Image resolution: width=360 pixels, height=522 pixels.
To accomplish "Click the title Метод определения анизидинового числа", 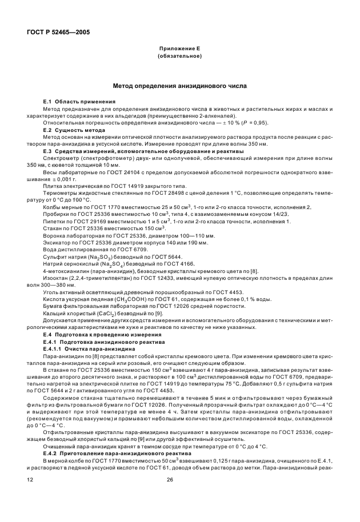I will point(179,85).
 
